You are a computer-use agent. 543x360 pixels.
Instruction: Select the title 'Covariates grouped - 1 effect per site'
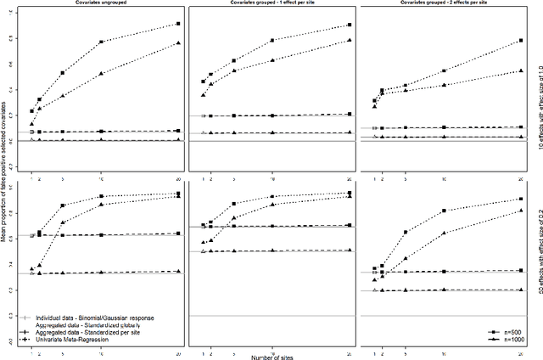coord(271,3)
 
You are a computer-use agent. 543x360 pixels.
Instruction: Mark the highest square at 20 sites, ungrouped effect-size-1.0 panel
coord(177,24)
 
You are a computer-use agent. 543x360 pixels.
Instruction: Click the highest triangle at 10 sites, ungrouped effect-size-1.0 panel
coord(102,74)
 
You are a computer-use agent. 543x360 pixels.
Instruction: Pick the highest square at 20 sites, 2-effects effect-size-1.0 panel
coord(520,41)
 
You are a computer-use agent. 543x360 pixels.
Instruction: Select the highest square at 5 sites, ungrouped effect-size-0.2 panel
coord(62,206)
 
